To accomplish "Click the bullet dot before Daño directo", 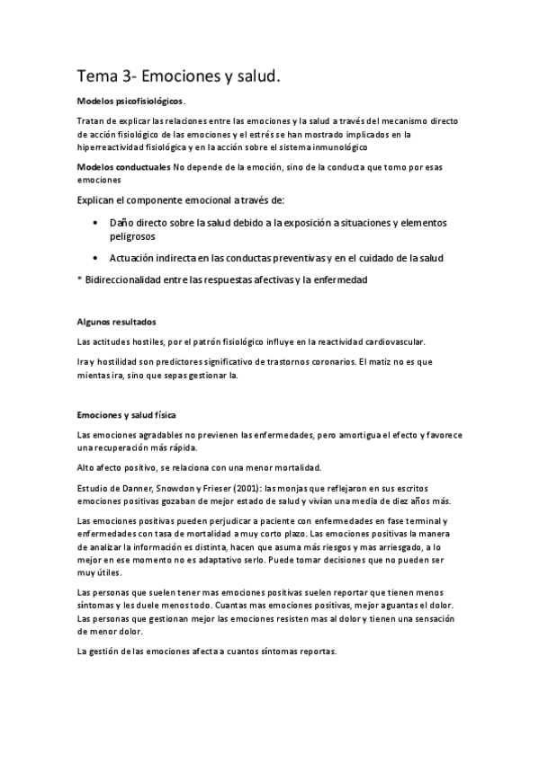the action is (x=96, y=222).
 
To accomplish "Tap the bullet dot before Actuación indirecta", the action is (x=96, y=258).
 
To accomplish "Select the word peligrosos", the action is (x=132, y=236).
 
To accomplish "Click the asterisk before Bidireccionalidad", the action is (x=80, y=280).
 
